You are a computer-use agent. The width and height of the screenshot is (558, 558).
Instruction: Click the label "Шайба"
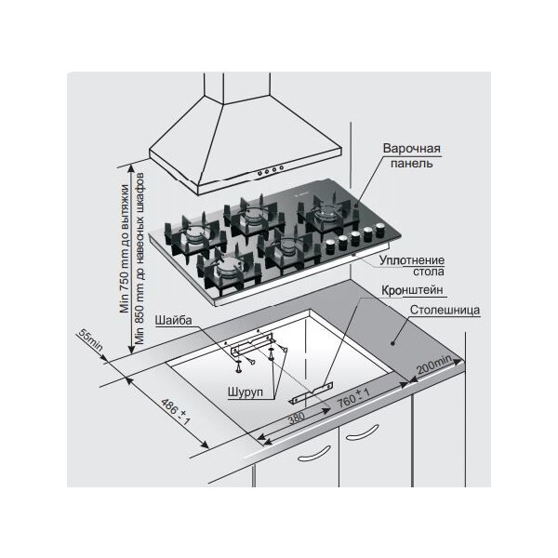(x=173, y=320)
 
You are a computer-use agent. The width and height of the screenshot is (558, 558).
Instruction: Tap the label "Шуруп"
(x=246, y=392)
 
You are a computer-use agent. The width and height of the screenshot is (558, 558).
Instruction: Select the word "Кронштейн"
(x=412, y=290)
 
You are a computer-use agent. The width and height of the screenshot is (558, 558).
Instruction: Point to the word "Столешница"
(x=445, y=310)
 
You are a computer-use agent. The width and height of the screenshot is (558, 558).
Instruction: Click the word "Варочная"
(x=412, y=148)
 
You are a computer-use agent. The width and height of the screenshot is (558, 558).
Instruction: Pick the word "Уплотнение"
(x=412, y=260)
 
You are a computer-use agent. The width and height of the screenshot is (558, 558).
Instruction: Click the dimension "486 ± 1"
(x=176, y=412)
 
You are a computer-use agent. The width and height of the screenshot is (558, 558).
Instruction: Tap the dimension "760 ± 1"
(x=354, y=398)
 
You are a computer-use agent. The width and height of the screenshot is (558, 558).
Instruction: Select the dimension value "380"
(x=296, y=418)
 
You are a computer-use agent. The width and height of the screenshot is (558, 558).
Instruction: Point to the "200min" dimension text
(x=434, y=365)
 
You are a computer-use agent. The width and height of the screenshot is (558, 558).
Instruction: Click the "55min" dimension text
(x=90, y=340)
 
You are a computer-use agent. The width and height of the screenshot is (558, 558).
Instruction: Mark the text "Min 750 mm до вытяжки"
(x=125, y=248)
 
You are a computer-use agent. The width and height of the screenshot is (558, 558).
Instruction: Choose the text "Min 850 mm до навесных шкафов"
(x=139, y=259)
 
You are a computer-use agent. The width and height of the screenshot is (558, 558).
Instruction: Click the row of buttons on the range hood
(x=271, y=170)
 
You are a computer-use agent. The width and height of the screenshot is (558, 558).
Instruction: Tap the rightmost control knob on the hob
(x=380, y=229)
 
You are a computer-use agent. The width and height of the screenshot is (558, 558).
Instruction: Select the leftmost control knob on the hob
(x=330, y=246)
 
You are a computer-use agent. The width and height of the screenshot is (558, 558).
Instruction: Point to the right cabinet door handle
(x=363, y=432)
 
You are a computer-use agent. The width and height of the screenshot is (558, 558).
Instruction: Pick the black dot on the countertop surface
(x=392, y=343)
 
